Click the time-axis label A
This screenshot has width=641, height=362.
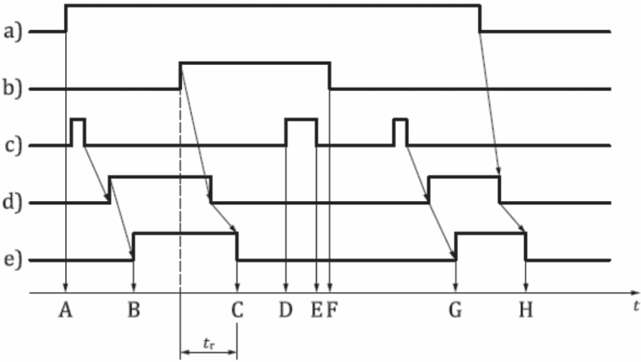[x=66, y=311]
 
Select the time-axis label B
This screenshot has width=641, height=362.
[x=134, y=311]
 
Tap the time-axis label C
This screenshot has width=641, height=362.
[x=238, y=311]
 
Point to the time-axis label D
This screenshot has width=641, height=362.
[x=285, y=311]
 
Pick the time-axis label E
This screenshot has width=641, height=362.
[x=315, y=311]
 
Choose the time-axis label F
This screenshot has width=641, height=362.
[x=331, y=311]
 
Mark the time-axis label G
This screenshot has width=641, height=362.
[x=455, y=311]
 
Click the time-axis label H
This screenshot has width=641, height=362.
[x=525, y=311]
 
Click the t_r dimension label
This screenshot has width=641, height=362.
[x=209, y=341]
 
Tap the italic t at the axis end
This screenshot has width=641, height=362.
[x=635, y=306]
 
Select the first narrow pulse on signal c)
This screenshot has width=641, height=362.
[x=78, y=132]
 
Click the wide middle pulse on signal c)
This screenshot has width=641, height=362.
[x=301, y=132]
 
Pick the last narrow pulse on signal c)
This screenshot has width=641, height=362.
[x=400, y=132]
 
